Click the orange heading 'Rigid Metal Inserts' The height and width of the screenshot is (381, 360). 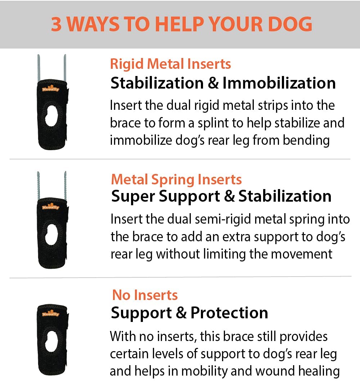coord(170,64)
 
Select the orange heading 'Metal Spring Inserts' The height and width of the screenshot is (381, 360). coord(176,179)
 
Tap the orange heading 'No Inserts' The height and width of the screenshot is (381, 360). coord(145,295)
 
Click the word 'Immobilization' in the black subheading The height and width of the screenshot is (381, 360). coord(279,83)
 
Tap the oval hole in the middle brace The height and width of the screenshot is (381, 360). coord(52,234)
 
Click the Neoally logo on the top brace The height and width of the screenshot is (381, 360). coord(50,88)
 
